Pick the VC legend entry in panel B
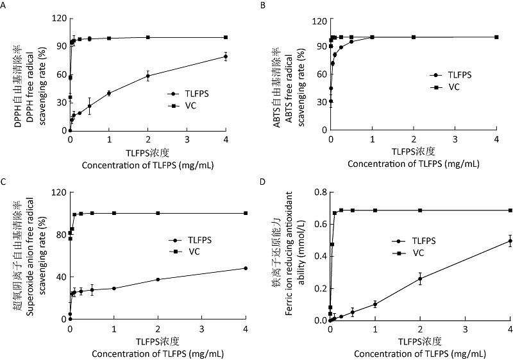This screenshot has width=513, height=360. [453, 86]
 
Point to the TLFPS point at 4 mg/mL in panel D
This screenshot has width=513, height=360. [510, 241]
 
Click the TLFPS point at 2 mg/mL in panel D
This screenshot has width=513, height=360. [420, 279]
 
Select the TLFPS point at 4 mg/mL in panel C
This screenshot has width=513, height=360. [246, 268]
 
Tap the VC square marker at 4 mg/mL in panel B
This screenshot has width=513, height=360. [497, 37]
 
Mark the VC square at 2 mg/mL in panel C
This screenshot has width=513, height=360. [158, 213]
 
